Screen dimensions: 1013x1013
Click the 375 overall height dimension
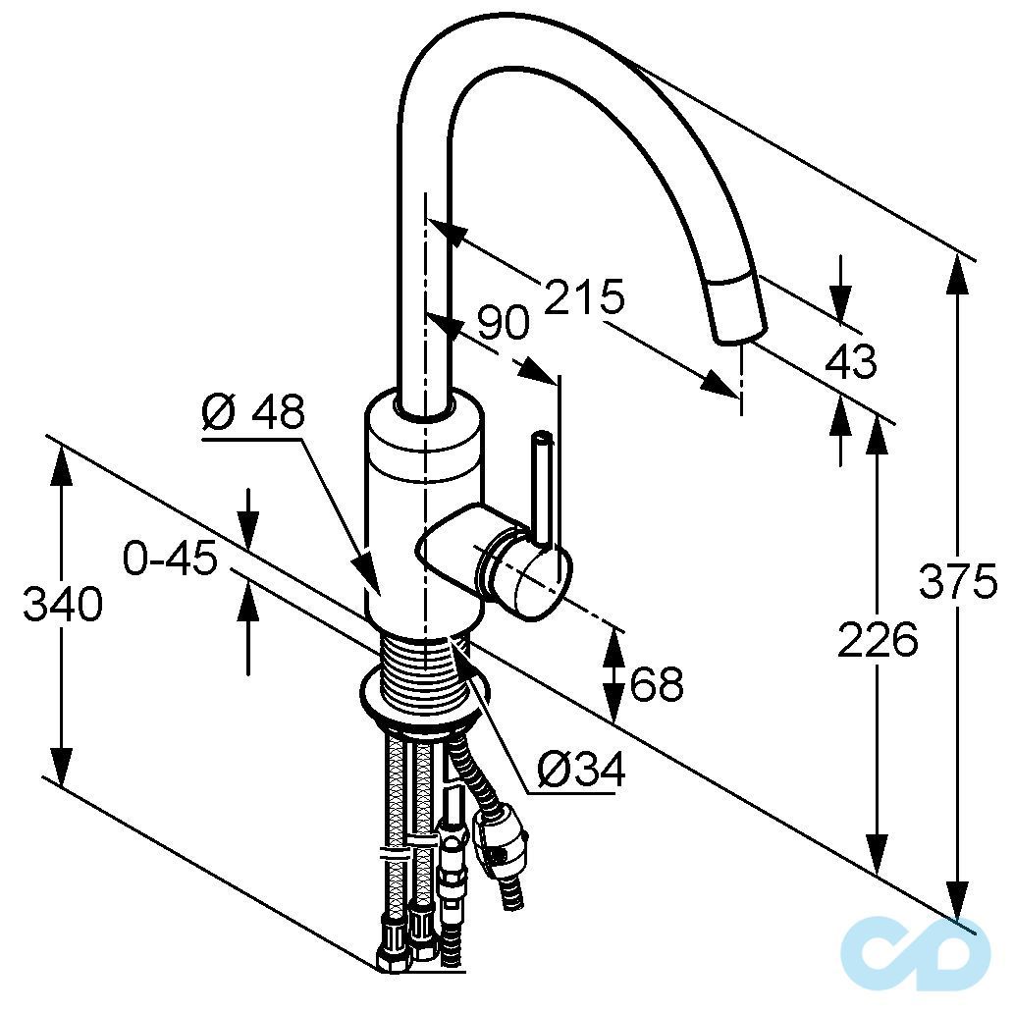(957, 583)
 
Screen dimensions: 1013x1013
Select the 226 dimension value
(878, 639)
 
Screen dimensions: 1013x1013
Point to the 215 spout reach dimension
(584, 295)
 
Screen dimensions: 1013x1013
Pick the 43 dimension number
(850, 362)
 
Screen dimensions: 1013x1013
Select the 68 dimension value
(657, 683)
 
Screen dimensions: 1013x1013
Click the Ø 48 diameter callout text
(253, 413)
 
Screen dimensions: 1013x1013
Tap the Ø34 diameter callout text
(582, 773)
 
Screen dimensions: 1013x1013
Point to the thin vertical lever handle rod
(542, 481)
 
